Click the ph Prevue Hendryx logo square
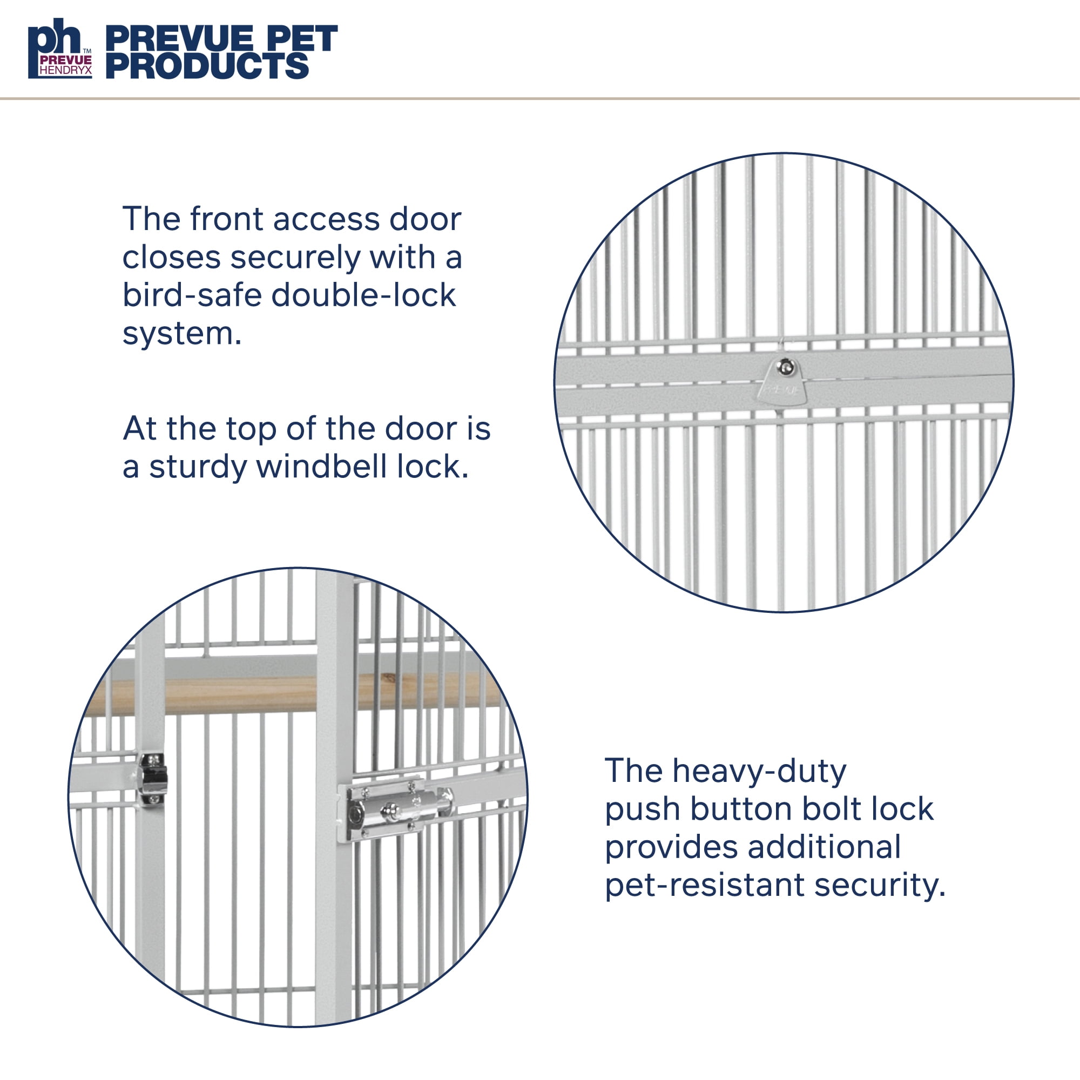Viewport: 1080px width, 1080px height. coord(60,49)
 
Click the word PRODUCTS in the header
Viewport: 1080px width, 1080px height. coord(207,66)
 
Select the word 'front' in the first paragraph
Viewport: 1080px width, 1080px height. coord(225,219)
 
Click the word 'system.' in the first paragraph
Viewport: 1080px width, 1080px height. coord(182,334)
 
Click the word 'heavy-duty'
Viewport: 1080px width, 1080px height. coord(760,772)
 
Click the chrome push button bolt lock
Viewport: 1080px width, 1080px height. coord(398,810)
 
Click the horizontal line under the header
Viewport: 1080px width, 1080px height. coord(540,99)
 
